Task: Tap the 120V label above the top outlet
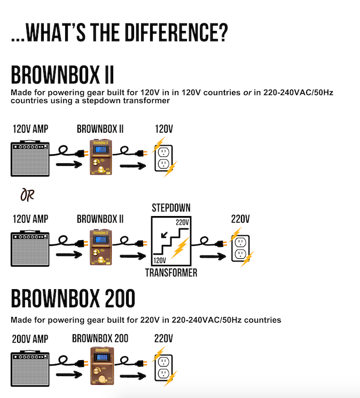pos(163,129)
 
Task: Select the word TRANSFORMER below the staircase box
pos(171,273)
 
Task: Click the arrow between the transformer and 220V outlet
pos(209,256)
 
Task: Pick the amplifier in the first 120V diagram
pos(30,158)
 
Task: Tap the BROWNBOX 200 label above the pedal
pos(100,338)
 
